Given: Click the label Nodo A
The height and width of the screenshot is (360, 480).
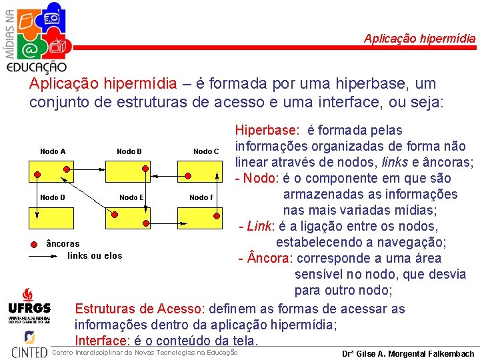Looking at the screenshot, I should pyautogui.click(x=53, y=151).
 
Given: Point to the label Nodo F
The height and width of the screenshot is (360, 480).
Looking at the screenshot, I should pyautogui.click(x=201, y=197).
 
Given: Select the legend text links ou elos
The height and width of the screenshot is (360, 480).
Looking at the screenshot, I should pyautogui.click(x=95, y=256).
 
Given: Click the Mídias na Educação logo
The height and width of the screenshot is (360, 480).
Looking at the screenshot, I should pyautogui.click(x=37, y=37).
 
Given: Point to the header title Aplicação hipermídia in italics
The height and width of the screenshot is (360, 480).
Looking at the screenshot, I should pyautogui.click(x=419, y=39).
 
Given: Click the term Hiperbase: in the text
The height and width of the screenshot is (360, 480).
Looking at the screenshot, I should pyautogui.click(x=266, y=130).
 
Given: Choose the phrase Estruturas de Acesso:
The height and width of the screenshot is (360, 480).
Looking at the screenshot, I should pyautogui.click(x=139, y=309).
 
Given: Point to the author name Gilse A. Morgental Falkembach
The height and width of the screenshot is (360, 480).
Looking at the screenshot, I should pyautogui.click(x=407, y=354).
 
